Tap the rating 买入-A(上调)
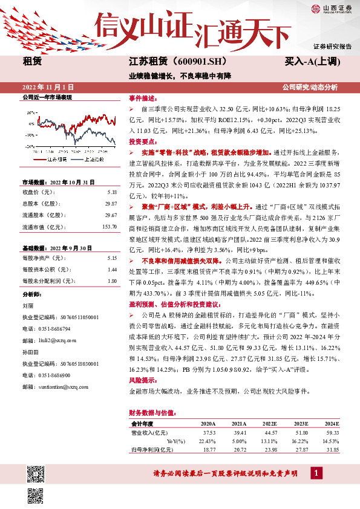312,62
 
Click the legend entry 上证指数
94,159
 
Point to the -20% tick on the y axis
29,146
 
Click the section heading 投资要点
142,140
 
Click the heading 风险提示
142,382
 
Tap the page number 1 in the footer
316,473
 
